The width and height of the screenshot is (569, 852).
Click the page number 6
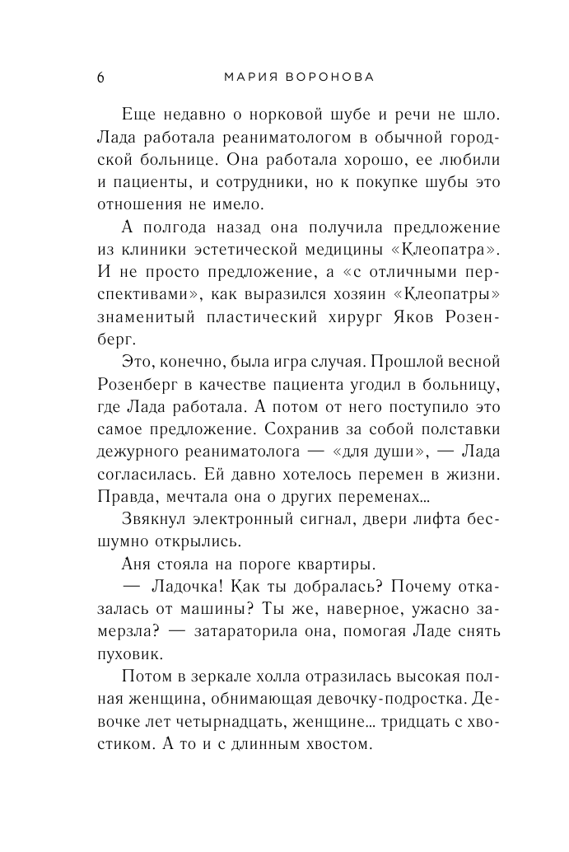[100, 77]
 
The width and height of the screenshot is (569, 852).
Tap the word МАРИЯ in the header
[248, 77]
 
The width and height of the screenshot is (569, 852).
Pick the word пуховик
[127, 655]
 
